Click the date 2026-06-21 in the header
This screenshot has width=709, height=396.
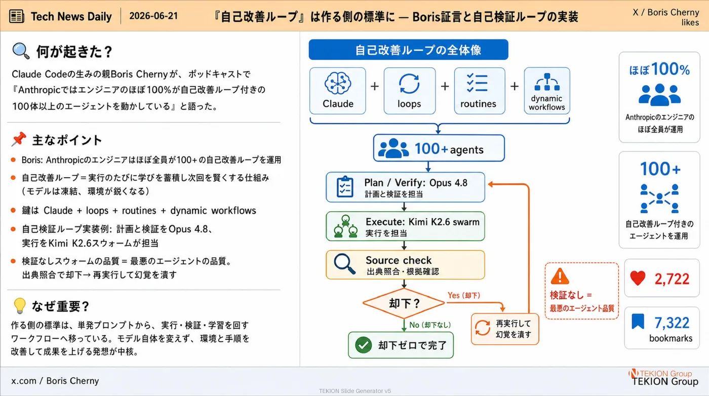(153, 16)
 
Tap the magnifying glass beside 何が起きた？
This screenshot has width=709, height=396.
(21, 51)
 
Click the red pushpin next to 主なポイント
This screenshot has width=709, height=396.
(19, 139)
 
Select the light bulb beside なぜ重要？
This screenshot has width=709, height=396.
(20, 306)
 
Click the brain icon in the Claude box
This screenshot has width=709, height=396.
(338, 83)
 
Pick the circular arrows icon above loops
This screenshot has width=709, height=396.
(409, 84)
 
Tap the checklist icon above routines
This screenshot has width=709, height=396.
(477, 83)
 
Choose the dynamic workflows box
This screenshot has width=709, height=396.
(547, 91)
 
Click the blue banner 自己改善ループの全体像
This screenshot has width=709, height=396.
(408, 50)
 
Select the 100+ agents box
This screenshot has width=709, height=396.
(439, 148)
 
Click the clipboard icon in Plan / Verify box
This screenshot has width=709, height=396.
(345, 187)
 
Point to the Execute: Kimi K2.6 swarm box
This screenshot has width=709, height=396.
(405, 226)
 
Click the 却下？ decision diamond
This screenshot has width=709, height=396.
(404, 303)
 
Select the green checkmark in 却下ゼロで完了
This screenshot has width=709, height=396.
(364, 345)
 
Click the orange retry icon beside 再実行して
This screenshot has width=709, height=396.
(482, 328)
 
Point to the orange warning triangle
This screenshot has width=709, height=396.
(560, 276)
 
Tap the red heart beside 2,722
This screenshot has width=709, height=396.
(638, 278)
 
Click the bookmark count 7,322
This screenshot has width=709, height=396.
(672, 323)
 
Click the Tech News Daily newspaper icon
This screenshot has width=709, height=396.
(16, 16)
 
